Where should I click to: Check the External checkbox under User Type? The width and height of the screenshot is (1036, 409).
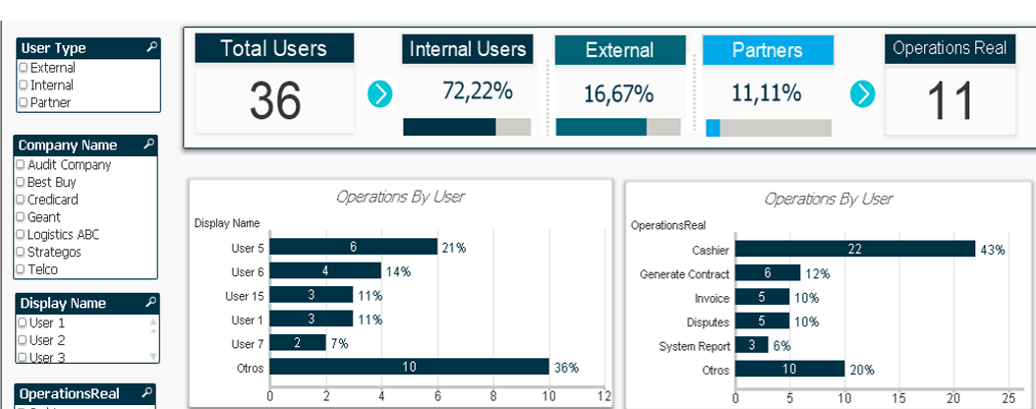pos(24,68)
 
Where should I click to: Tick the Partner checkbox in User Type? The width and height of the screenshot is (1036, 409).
pos(24,102)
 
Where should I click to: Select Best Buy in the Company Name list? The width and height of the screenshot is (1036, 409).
pos(21,183)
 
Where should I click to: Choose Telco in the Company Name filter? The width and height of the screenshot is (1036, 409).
pos(21,269)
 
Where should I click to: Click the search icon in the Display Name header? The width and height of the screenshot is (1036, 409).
pos(149,303)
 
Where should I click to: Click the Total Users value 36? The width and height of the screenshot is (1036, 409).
pos(274,100)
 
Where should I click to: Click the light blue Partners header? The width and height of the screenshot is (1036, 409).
pos(768,50)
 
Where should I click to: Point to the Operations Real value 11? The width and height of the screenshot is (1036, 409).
pos(950,100)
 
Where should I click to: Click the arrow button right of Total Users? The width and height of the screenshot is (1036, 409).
pos(379,94)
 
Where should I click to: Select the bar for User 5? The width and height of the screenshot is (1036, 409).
pos(353,247)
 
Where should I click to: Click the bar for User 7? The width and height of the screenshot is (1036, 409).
pos(298,342)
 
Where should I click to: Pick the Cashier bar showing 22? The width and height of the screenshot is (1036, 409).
pos(855,250)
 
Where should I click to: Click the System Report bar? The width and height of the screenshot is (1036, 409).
pos(752,345)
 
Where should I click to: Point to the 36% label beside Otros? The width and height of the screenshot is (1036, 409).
pos(566,368)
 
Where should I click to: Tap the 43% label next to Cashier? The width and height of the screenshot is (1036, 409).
pos(992,251)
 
